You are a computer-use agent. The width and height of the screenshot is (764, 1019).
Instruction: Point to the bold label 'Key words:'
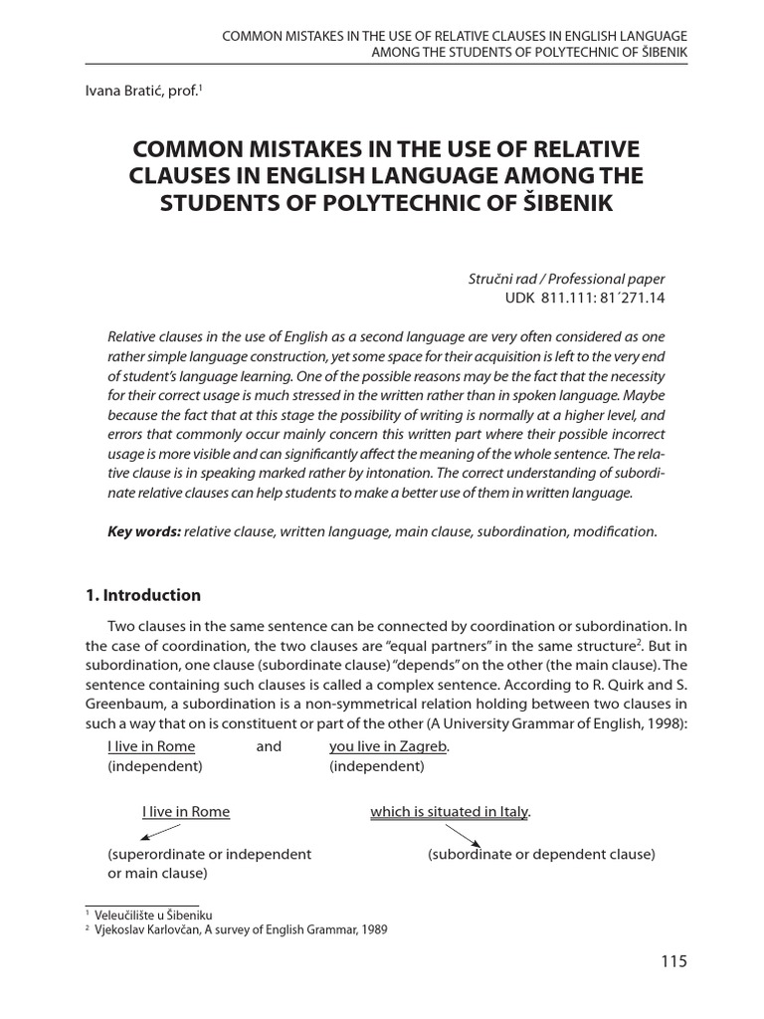point(144,531)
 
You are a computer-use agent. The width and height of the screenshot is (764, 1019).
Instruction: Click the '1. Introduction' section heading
point(143,595)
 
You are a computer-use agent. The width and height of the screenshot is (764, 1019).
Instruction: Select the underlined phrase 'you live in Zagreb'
point(389,746)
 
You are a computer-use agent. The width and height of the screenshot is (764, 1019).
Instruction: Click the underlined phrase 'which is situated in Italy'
point(450,812)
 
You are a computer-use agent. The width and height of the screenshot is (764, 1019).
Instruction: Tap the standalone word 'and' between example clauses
point(269,746)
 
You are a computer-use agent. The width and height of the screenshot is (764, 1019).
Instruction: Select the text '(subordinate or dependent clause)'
point(541,854)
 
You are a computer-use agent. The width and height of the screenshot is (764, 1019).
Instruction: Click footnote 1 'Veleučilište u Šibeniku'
point(154,915)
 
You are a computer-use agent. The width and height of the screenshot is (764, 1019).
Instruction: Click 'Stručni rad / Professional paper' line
point(566,279)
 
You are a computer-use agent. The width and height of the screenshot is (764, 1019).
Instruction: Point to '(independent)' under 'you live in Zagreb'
point(377,766)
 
